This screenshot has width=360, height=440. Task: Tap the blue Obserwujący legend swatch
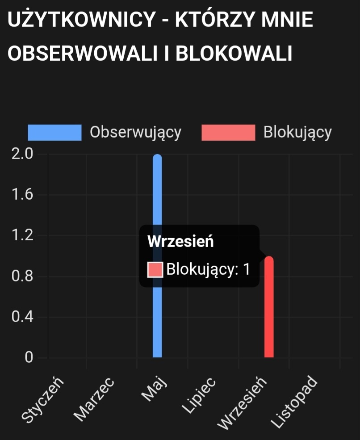(54, 133)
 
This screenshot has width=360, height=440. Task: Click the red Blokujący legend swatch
(228, 133)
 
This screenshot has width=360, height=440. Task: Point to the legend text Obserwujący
(135, 133)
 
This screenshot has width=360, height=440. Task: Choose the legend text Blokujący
(297, 133)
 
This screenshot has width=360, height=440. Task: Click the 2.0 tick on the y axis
(22, 154)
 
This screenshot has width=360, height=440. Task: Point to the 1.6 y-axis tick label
(22, 195)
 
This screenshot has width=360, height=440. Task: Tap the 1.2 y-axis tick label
(22, 235)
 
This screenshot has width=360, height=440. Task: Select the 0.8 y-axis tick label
(22, 277)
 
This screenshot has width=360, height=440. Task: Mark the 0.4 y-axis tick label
(22, 317)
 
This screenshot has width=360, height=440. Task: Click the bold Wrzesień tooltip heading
(180, 242)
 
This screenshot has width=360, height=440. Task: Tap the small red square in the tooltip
(155, 269)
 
